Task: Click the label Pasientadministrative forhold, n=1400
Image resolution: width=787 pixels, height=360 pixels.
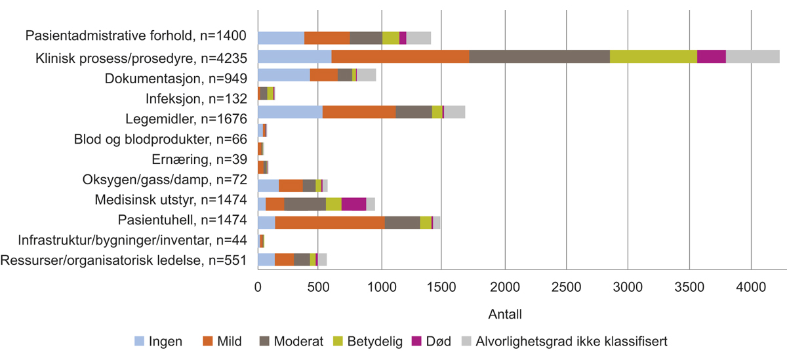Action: (136, 37)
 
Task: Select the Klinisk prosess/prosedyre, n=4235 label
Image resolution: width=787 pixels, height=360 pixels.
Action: (141, 58)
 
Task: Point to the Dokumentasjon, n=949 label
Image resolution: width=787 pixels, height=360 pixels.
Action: (176, 79)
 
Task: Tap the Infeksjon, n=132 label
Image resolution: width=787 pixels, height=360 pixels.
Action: (196, 99)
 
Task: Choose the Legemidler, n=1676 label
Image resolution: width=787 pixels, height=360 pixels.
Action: (186, 119)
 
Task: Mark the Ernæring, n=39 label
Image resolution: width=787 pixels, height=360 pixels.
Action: (202, 159)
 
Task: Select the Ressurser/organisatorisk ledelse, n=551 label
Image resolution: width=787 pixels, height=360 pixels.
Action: (124, 260)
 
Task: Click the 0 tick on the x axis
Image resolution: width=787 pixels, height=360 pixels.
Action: (258, 287)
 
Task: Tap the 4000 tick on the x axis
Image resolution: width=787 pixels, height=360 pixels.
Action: (751, 287)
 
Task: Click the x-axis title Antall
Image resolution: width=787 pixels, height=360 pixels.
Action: (505, 315)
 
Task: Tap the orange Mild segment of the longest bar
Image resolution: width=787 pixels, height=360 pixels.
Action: (400, 56)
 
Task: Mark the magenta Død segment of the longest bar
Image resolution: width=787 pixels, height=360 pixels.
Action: (711, 56)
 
